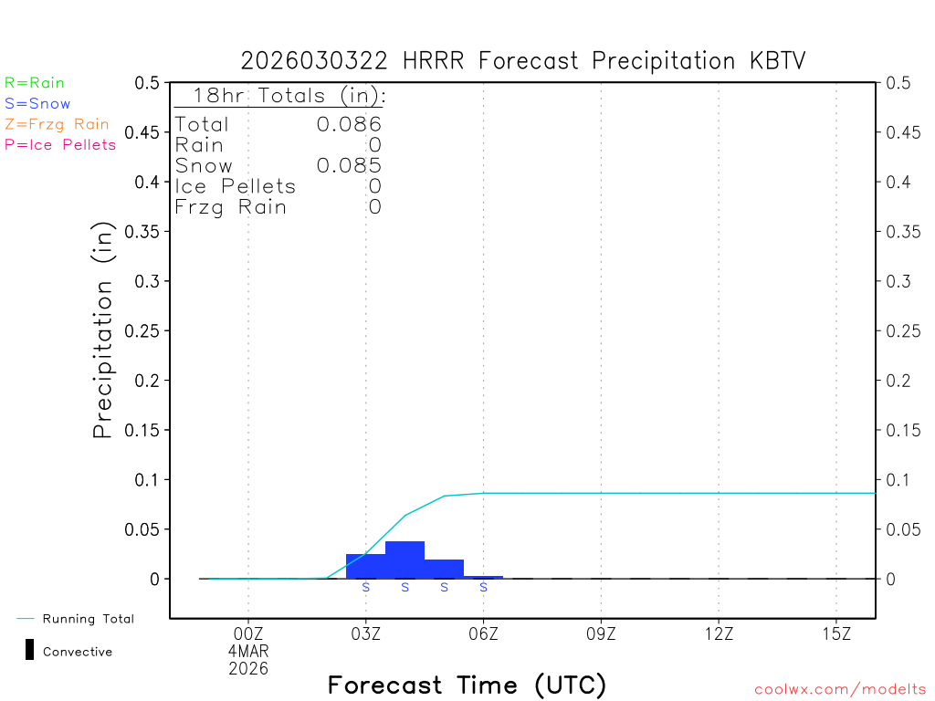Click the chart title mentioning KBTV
coord(523,60)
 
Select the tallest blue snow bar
coord(404,560)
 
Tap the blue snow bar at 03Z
coord(365,566)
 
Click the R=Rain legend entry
coord(35,83)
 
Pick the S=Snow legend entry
coord(37,104)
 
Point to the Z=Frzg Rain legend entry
coord(57,124)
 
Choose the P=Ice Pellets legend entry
coord(60,144)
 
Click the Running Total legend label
coord(88,619)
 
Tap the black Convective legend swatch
coord(29,650)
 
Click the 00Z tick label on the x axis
coord(248,633)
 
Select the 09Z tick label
coord(601,633)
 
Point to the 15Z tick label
coord(836,633)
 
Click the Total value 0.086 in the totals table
coord(349,124)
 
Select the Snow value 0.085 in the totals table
coord(349,165)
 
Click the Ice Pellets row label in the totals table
coord(236,186)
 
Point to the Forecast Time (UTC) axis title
coord(467,685)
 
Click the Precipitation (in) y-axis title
coord(103,330)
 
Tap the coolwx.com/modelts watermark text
coord(840,690)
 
